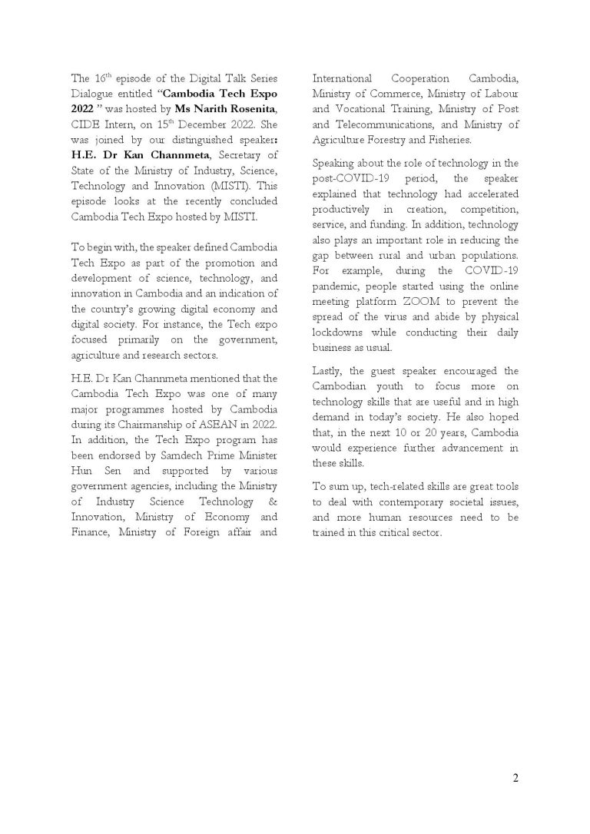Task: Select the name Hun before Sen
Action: (x=81, y=468)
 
